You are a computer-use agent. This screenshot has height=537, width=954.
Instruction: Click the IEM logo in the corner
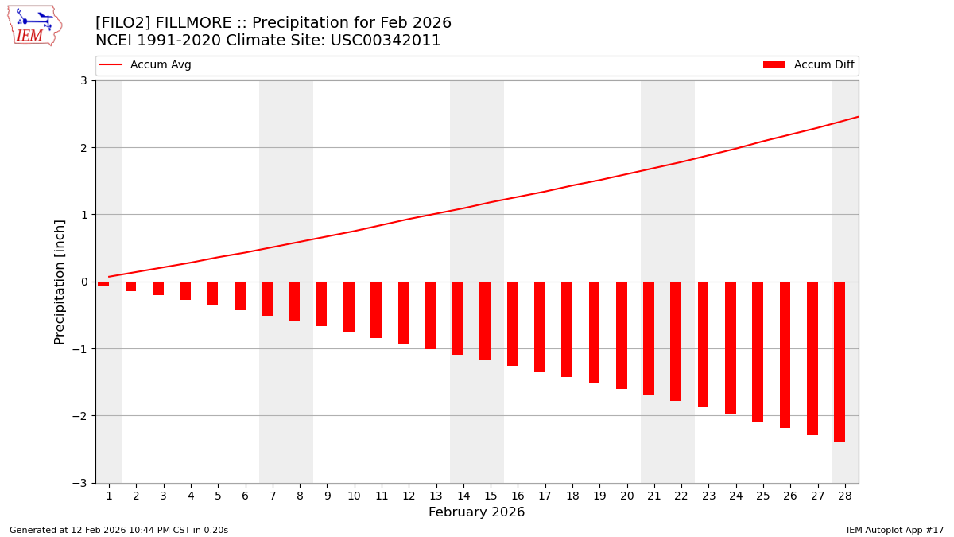(x=34, y=25)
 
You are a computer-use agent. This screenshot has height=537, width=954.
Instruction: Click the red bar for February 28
(x=840, y=362)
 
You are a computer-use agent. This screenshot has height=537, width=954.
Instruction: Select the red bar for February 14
(x=458, y=318)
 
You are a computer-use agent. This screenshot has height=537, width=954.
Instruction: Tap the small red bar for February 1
(x=103, y=284)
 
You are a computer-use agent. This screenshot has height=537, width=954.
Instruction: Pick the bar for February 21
(x=649, y=338)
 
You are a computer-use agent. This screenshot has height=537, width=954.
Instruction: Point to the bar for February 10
(x=349, y=306)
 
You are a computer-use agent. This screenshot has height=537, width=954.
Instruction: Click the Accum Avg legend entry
(x=146, y=65)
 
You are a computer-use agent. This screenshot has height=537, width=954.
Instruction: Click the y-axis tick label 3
(x=83, y=80)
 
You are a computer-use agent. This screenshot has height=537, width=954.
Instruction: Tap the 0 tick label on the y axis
(x=83, y=282)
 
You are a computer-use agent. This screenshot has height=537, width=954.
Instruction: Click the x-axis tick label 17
(x=545, y=496)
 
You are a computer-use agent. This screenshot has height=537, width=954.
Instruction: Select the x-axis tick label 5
(x=218, y=496)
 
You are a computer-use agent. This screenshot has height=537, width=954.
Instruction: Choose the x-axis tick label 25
(x=763, y=496)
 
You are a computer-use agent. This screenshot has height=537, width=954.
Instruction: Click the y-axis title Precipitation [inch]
(x=60, y=282)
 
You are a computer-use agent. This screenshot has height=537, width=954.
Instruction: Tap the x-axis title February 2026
(x=476, y=512)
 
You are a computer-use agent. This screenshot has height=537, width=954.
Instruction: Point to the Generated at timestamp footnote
(x=118, y=531)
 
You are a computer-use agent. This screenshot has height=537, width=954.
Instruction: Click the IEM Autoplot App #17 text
(x=894, y=531)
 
